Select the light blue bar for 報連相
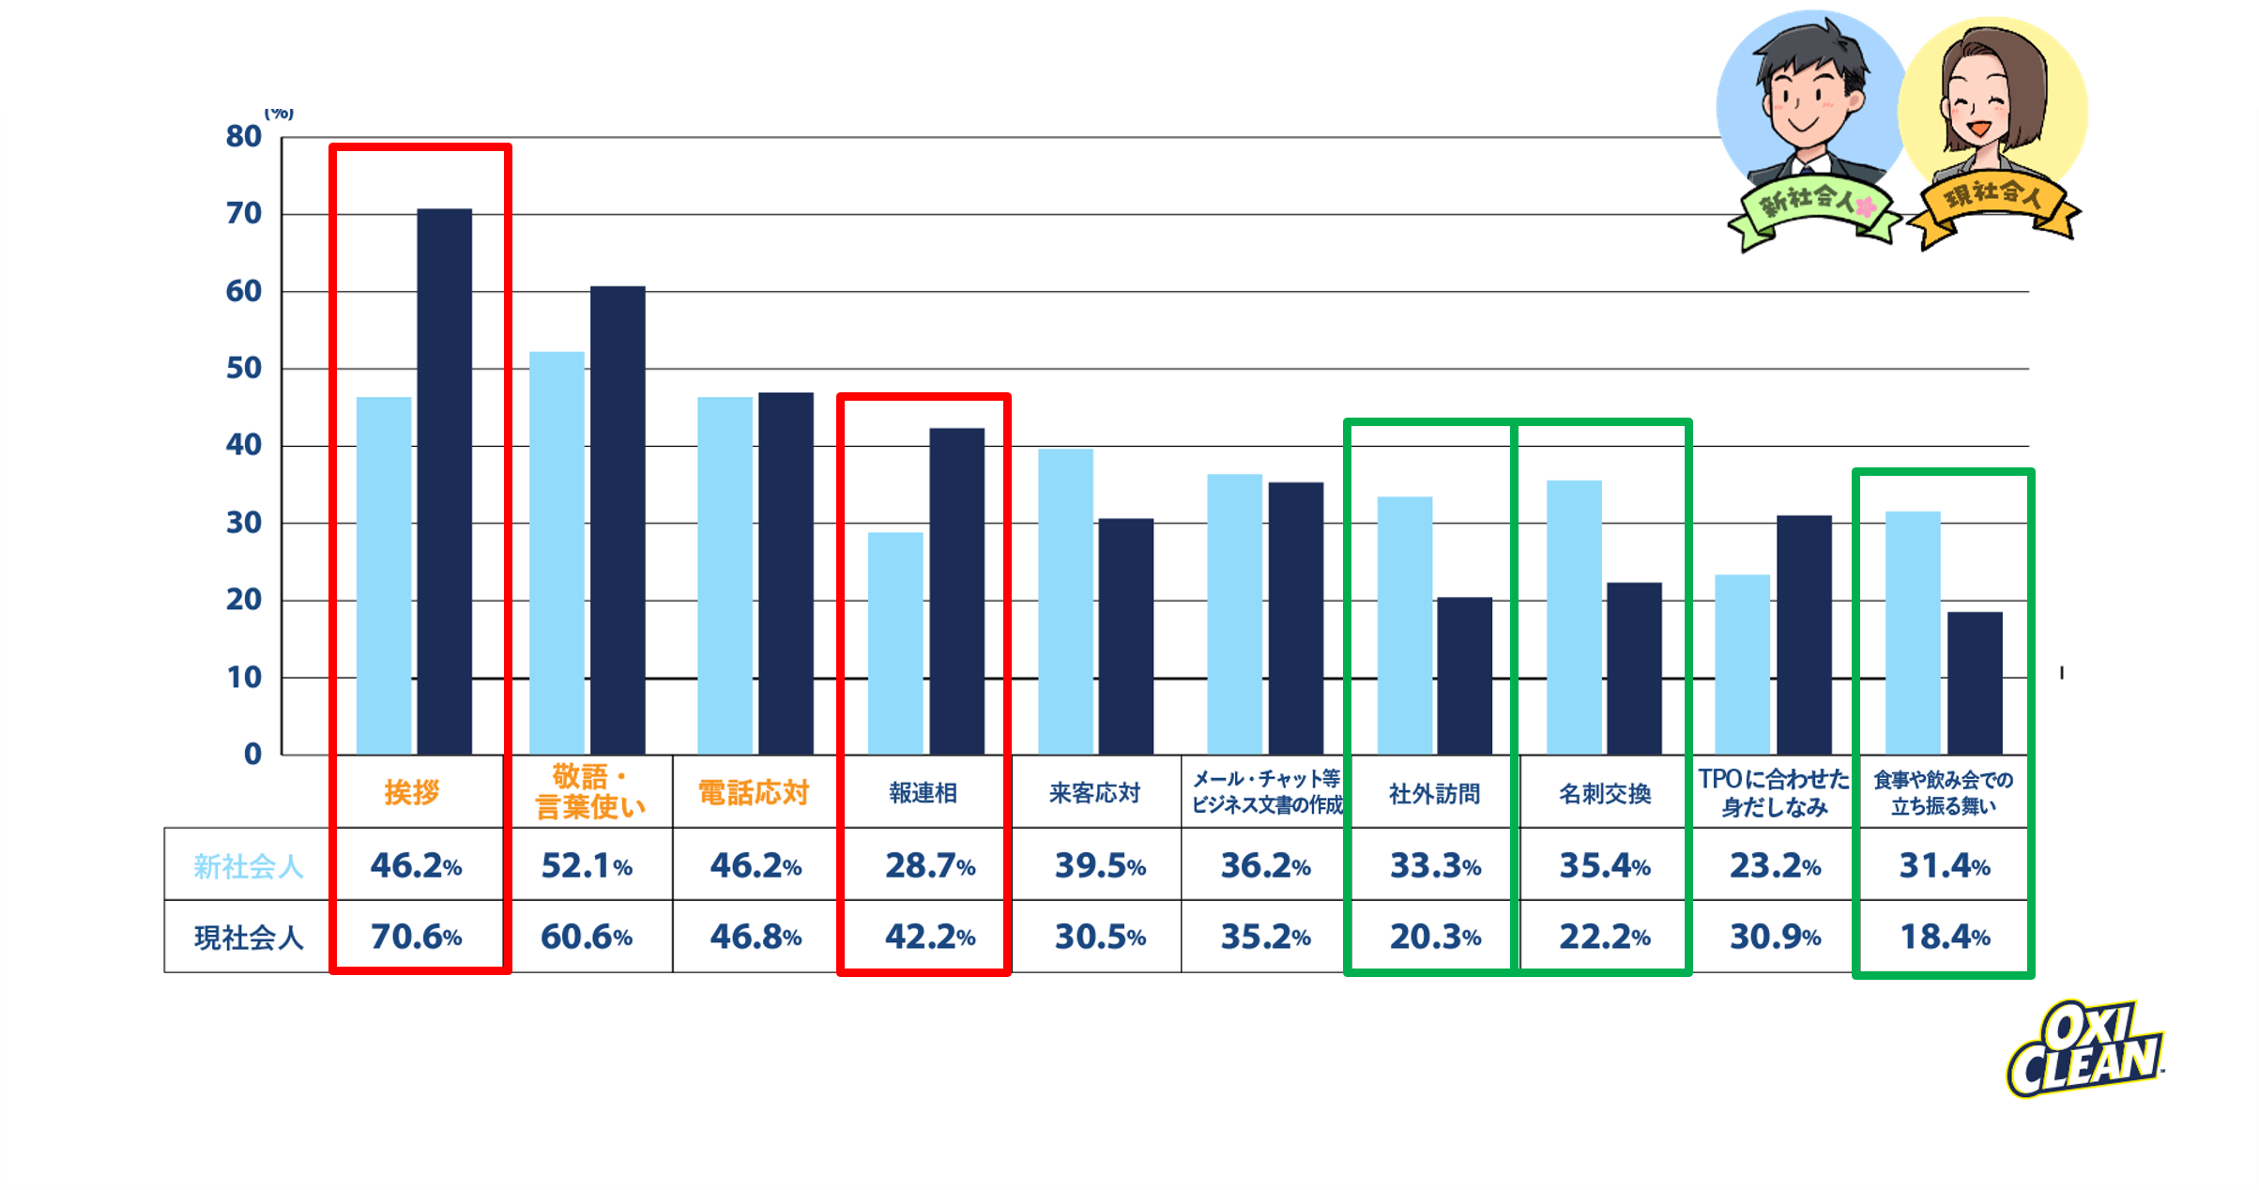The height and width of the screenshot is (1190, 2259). click(x=895, y=643)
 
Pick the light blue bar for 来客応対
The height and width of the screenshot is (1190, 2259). click(x=1065, y=601)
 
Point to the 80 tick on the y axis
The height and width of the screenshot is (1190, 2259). click(x=243, y=137)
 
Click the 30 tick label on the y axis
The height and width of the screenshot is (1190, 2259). click(x=243, y=523)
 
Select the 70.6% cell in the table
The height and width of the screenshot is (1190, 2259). click(x=416, y=937)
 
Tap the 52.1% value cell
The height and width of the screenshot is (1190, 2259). click(x=587, y=865)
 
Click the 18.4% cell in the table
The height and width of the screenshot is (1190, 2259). click(x=1945, y=937)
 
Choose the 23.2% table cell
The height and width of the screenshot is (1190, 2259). click(x=1775, y=865)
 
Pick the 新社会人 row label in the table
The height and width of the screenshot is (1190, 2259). click(x=248, y=865)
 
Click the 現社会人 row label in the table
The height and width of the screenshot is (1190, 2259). click(x=248, y=937)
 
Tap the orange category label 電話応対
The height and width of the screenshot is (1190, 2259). click(x=753, y=793)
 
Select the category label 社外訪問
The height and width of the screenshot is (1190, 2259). click(x=1434, y=794)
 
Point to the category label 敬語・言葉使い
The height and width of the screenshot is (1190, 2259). click(x=589, y=791)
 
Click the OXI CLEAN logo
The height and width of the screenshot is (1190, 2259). click(x=2085, y=1050)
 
